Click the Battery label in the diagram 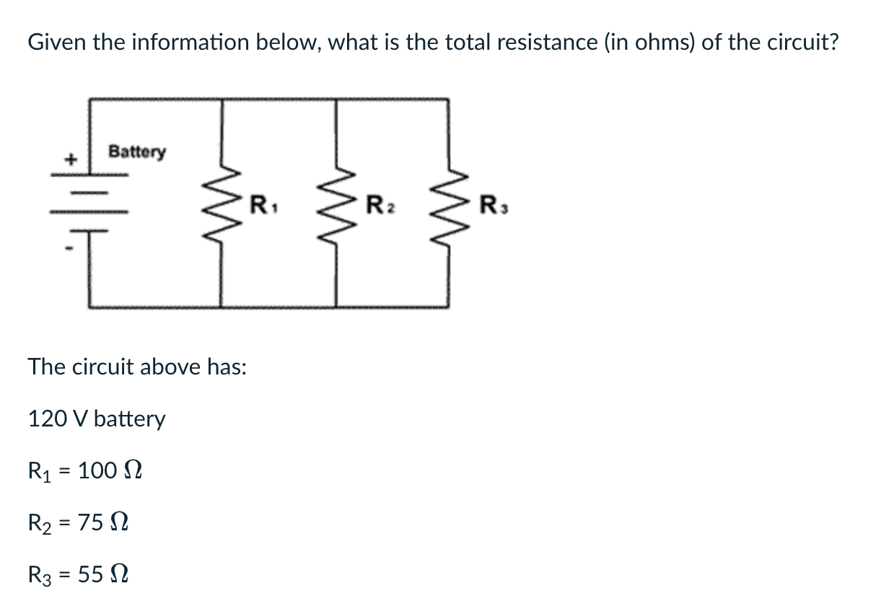tap(136, 152)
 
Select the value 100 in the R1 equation tap(97, 471)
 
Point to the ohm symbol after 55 tap(119, 574)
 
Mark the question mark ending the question tap(833, 43)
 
